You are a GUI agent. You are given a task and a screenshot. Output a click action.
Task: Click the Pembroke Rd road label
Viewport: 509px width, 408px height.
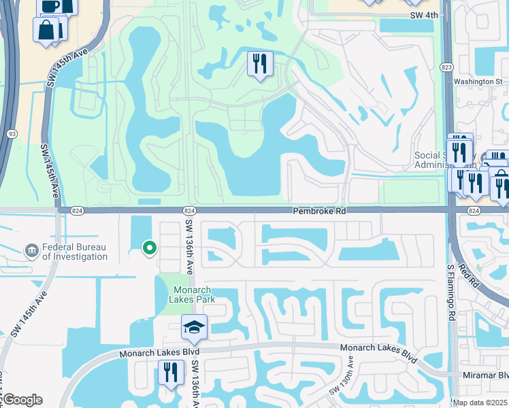click(x=320, y=211)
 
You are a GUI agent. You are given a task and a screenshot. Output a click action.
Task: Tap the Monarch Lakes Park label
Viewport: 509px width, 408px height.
click(x=188, y=294)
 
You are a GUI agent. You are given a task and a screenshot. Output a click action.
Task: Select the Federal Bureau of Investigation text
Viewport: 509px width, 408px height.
click(x=74, y=252)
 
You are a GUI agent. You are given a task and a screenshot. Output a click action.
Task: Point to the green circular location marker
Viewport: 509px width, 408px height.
click(x=149, y=248)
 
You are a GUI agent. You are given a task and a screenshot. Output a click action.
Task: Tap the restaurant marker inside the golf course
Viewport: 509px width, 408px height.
click(x=259, y=64)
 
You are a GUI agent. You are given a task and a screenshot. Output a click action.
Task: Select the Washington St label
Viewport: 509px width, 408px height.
click(x=478, y=82)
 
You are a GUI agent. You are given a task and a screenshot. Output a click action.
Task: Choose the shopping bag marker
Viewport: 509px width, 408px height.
click(x=46, y=31)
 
